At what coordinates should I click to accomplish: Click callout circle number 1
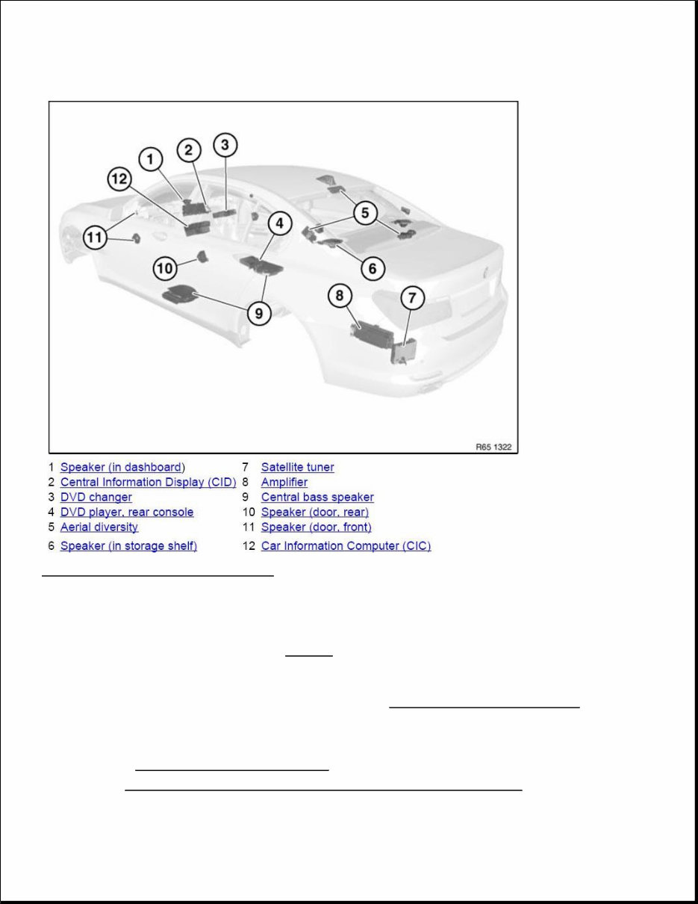(151, 159)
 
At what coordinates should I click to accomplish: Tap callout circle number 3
(225, 145)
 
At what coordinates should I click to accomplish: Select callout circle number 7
(413, 299)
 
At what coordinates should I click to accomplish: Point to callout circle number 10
(166, 267)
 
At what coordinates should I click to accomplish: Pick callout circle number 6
(373, 267)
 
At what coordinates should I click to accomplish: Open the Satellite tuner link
(297, 468)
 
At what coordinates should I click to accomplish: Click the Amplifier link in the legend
(284, 483)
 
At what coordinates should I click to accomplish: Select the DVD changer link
(96, 498)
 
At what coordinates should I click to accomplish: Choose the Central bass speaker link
(317, 498)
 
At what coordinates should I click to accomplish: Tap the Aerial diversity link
(99, 527)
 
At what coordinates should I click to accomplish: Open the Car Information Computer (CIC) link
(346, 546)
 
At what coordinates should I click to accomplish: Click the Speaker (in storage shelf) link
(128, 546)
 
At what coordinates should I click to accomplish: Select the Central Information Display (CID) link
(148, 483)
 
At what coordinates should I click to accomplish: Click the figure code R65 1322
(495, 447)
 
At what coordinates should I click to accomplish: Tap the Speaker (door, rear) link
(314, 513)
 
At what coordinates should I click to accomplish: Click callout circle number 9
(259, 313)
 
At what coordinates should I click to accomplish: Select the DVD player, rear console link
(126, 513)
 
